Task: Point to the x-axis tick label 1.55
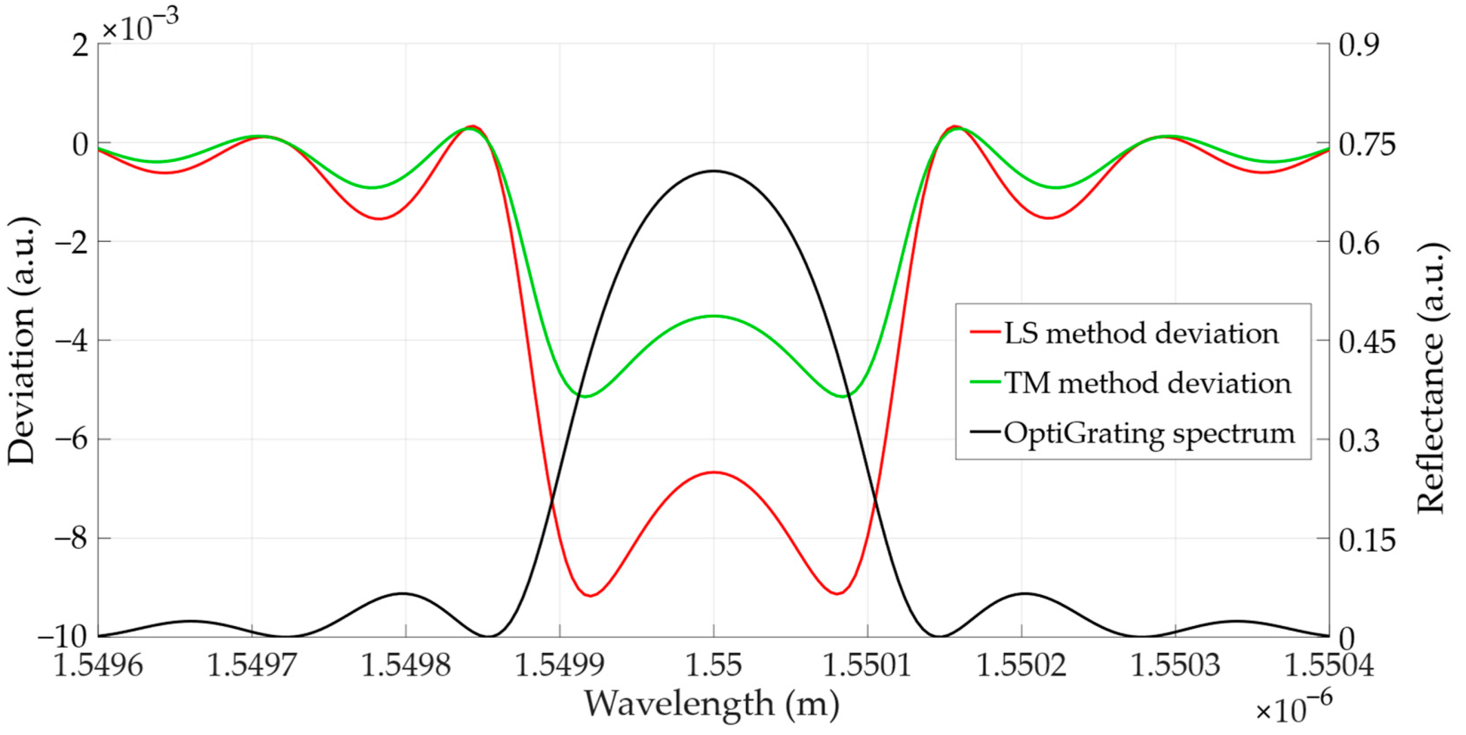714,665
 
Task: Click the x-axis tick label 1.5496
98,665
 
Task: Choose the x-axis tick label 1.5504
1329,665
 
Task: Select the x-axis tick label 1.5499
560,665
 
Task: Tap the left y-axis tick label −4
71,340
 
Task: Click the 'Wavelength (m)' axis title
712,704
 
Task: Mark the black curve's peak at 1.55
714,170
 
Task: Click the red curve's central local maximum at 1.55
714,472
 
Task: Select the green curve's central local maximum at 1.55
714,316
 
